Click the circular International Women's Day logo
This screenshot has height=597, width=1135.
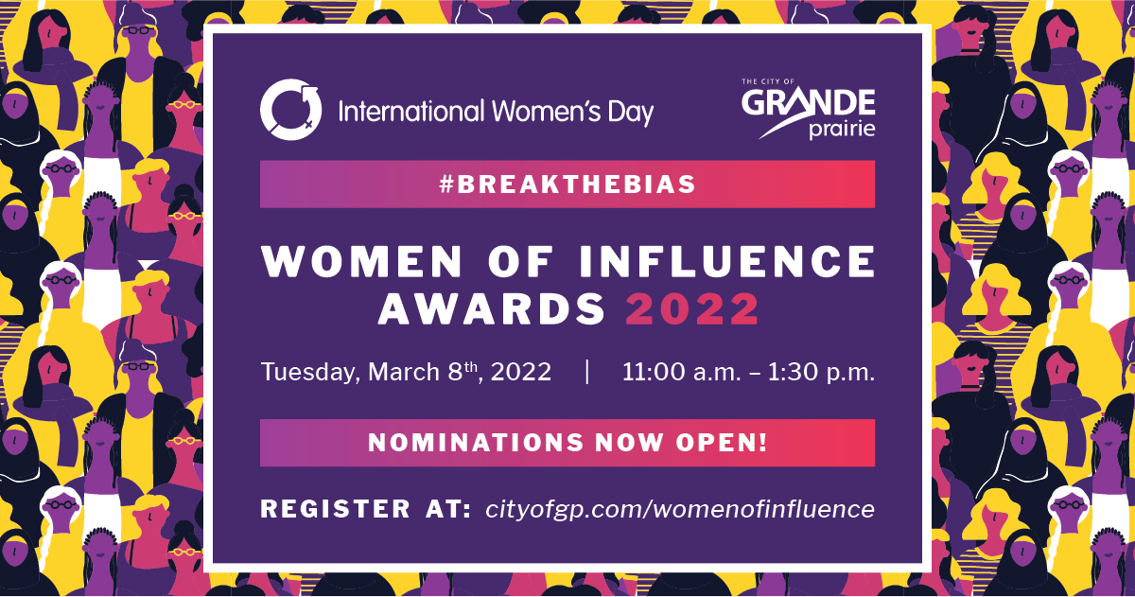tap(291, 110)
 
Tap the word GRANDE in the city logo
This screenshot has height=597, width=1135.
tap(808, 103)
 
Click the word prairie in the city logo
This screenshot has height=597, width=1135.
tap(842, 130)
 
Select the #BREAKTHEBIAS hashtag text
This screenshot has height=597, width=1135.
tap(567, 184)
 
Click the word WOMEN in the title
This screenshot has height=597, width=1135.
tap(361, 261)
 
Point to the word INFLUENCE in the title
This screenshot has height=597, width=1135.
tap(727, 261)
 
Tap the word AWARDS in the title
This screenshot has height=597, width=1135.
tap(492, 308)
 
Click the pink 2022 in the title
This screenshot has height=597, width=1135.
tap(692, 308)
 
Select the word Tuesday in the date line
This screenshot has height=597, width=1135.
tap(310, 373)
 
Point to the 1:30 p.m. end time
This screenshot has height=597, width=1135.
tap(821, 373)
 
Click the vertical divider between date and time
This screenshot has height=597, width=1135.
tap(587, 372)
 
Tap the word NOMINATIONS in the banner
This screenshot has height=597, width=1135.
tap(476, 443)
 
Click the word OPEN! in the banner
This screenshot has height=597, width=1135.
tap(722, 443)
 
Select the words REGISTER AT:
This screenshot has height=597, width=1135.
tap(366, 509)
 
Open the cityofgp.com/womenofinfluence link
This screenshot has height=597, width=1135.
tap(680, 510)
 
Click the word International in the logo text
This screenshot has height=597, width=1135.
tap(411, 112)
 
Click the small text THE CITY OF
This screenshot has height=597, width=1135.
tap(768, 81)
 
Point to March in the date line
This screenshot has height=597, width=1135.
tap(404, 372)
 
